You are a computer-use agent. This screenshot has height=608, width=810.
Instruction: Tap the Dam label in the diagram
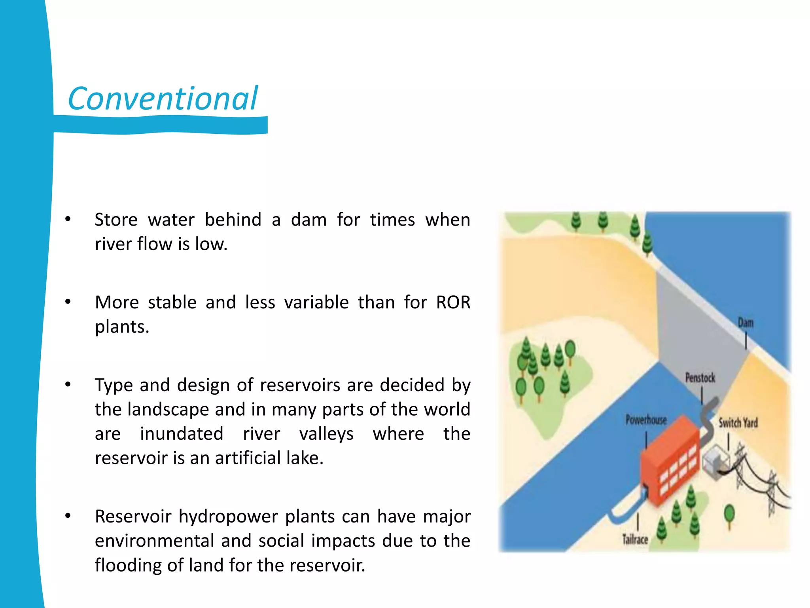pyautogui.click(x=746, y=323)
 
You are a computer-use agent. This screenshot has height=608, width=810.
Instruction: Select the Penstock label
pyautogui.click(x=700, y=378)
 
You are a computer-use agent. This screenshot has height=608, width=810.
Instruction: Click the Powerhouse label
pyautogui.click(x=646, y=420)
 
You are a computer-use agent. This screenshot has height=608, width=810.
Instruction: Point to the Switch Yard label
pyautogui.click(x=738, y=423)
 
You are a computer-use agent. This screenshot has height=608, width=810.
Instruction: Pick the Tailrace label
pyautogui.click(x=635, y=539)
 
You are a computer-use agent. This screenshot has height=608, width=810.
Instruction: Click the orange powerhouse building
pyautogui.click(x=668, y=463)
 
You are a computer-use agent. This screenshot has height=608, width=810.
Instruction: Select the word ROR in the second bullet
pyautogui.click(x=453, y=302)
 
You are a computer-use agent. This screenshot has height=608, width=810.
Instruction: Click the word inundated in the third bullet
pyautogui.click(x=182, y=433)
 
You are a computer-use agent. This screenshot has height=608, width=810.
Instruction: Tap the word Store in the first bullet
pyautogui.click(x=116, y=220)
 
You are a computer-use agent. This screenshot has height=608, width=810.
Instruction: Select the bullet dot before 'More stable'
pyautogui.click(x=68, y=302)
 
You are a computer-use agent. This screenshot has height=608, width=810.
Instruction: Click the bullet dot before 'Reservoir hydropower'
pyautogui.click(x=68, y=516)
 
